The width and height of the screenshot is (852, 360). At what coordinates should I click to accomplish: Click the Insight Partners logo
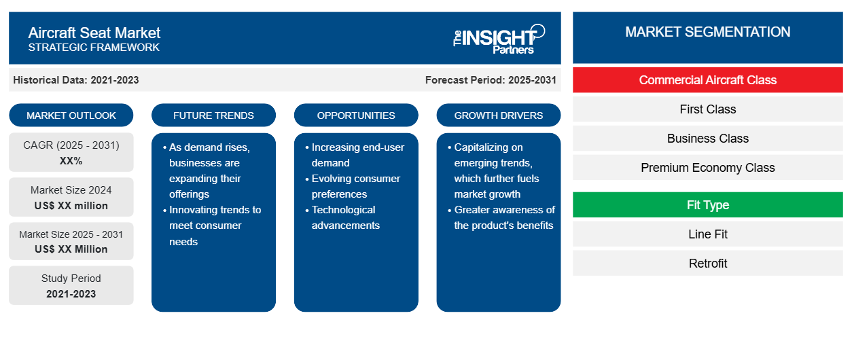(x=499, y=39)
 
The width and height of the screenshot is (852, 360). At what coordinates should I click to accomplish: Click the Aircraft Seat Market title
(x=94, y=33)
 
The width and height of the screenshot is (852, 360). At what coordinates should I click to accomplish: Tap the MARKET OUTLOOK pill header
(x=71, y=115)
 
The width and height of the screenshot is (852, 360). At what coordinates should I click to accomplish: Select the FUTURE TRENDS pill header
(x=213, y=115)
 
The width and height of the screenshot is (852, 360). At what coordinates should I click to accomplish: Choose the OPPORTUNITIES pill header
(x=356, y=115)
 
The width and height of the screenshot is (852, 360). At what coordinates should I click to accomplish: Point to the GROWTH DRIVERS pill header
(x=499, y=115)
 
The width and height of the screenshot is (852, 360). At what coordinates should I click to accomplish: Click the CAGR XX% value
(x=71, y=161)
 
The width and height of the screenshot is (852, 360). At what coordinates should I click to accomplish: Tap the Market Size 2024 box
(x=71, y=197)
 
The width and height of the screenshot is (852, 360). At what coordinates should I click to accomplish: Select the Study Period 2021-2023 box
(x=71, y=285)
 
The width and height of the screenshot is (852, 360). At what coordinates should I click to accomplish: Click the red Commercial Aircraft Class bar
(x=708, y=80)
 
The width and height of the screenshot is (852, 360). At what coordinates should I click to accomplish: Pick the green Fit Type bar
(x=708, y=205)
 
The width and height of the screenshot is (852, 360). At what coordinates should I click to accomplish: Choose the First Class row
(x=708, y=109)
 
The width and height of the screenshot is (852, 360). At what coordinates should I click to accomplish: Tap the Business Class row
(x=708, y=139)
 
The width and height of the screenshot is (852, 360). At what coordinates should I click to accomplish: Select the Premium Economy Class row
(x=708, y=168)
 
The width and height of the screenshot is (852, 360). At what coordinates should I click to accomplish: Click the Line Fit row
(x=708, y=234)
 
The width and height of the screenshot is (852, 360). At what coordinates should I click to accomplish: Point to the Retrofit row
(x=708, y=263)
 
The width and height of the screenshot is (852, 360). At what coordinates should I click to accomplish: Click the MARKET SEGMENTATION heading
(x=708, y=32)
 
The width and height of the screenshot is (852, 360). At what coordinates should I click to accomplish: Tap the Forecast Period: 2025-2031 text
(x=491, y=80)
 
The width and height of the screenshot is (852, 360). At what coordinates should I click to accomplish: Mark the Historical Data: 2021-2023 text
(x=76, y=80)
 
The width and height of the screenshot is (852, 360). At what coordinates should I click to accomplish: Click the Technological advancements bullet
(x=342, y=217)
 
